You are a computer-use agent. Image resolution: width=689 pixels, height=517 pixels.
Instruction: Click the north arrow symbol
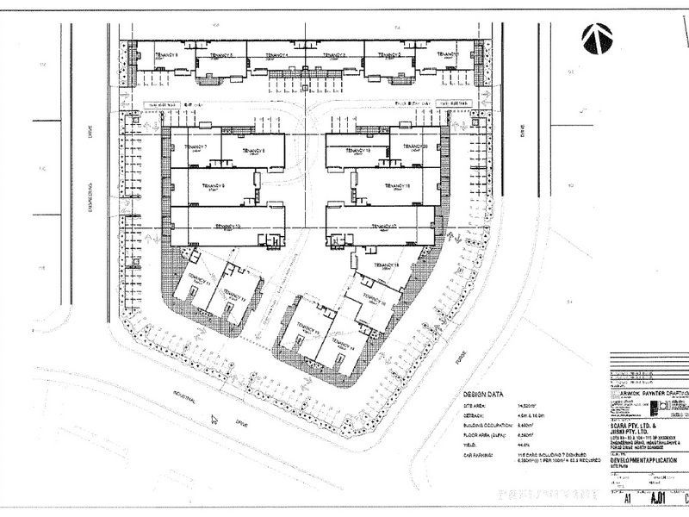tap(598, 36)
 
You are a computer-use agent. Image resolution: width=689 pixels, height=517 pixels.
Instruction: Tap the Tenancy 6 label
tap(167, 54)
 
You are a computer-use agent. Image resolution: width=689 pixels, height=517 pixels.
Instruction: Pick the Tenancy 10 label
tap(226, 226)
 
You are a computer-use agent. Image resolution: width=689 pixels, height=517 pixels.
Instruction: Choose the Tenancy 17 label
tap(382, 226)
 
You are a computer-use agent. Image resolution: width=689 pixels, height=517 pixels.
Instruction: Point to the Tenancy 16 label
tap(376, 303)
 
